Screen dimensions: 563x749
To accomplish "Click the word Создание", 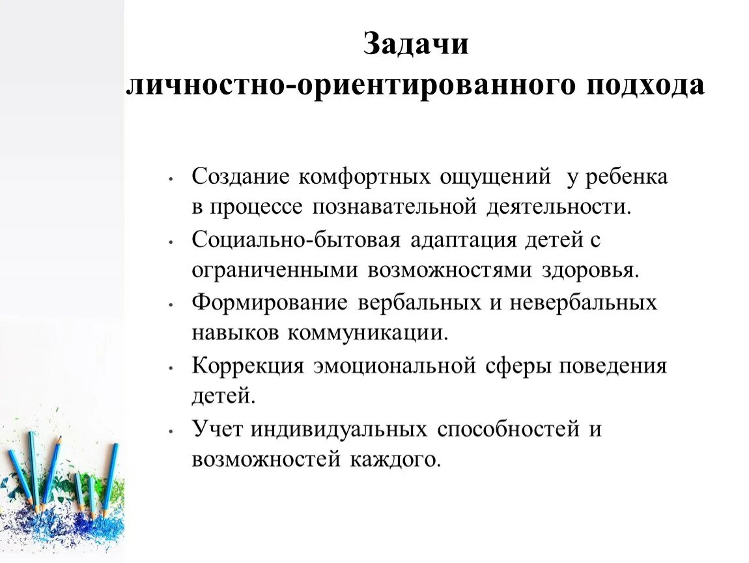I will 242,177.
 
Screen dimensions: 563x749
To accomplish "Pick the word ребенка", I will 627,177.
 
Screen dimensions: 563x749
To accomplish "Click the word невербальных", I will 583,302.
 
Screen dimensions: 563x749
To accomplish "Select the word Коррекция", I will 248,366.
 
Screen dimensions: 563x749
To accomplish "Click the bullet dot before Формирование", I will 170,304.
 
